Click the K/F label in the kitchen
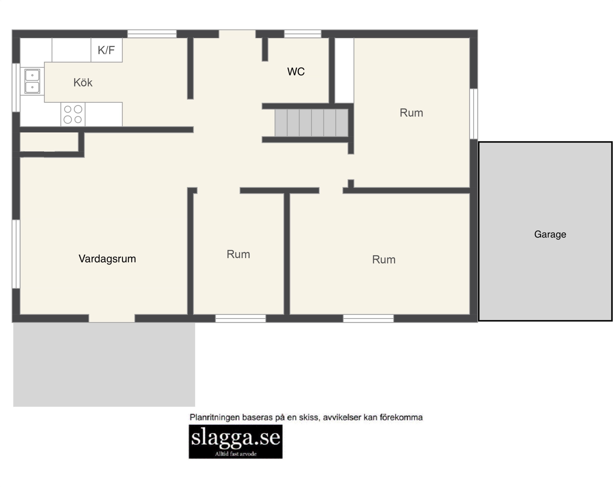[x=106, y=50]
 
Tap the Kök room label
[x=83, y=82]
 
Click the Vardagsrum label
[x=107, y=259]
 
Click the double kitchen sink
[x=32, y=81]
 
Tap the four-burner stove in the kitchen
[x=73, y=114]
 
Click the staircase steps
[x=311, y=123]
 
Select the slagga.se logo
[x=235, y=441]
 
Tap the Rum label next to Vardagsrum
[x=238, y=254]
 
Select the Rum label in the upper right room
[x=411, y=113]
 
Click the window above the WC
[x=303, y=34]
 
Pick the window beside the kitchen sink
[x=16, y=87]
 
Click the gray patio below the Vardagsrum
[x=104, y=365]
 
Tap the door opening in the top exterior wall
[x=237, y=34]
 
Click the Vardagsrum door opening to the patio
[x=112, y=318]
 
